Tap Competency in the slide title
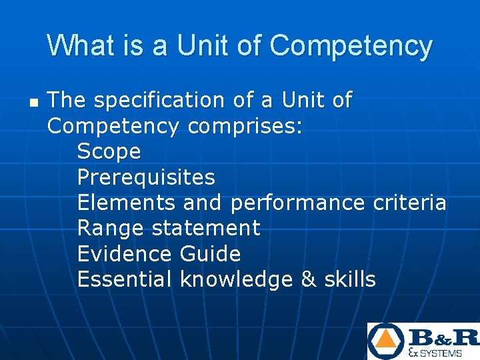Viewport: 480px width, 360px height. (351, 46)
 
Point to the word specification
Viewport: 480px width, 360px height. (159, 101)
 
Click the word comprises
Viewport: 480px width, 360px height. (245, 126)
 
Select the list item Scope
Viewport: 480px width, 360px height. (109, 152)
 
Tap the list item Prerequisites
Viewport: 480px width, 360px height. (146, 177)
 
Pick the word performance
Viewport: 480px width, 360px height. (297, 203)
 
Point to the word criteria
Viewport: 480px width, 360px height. (409, 203)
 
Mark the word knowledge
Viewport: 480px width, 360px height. (236, 279)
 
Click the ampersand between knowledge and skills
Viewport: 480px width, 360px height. (309, 279)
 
